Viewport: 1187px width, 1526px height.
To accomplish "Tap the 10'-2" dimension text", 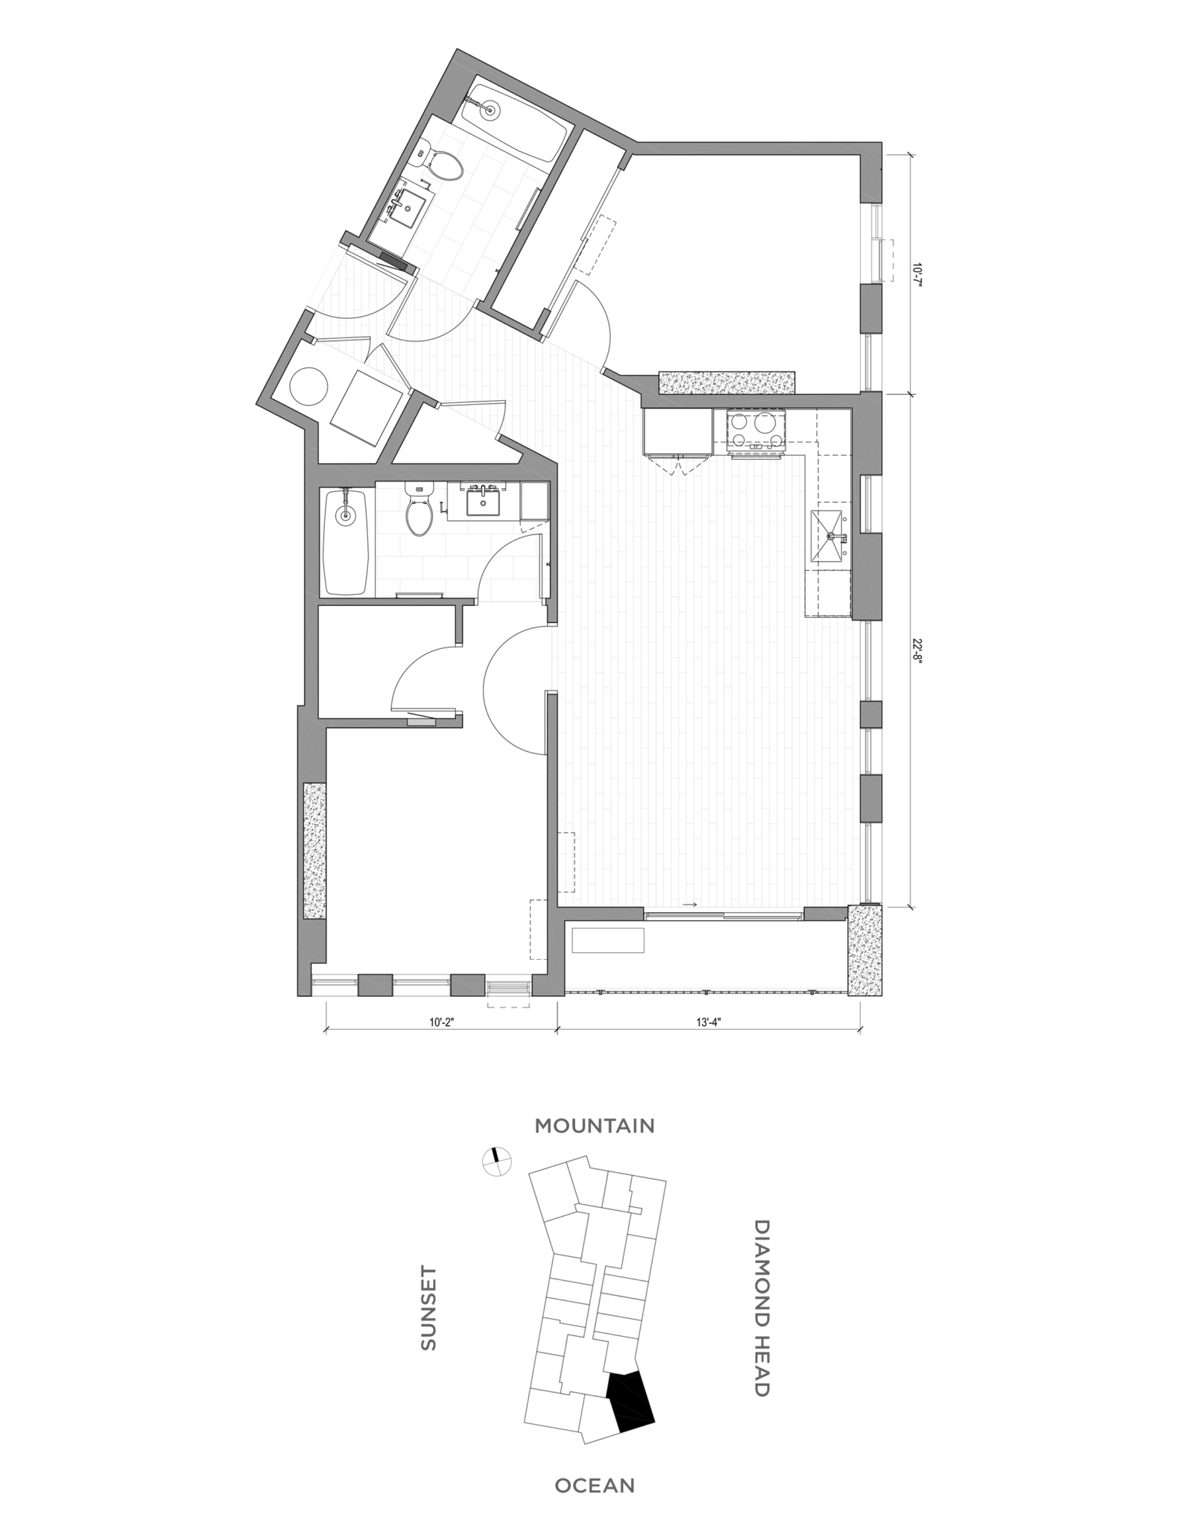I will (440, 1023).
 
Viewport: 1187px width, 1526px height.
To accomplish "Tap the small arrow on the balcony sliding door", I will (689, 905).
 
